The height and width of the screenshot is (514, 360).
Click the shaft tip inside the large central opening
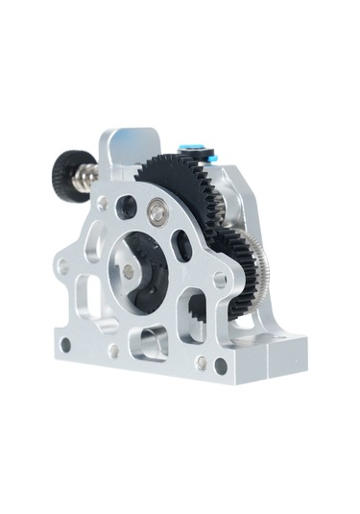click(x=129, y=270)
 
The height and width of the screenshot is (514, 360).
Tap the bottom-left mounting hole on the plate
click(x=65, y=344)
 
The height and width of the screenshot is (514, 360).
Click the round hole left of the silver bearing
click(x=126, y=205)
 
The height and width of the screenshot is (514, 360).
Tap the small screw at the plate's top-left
click(x=103, y=203)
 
